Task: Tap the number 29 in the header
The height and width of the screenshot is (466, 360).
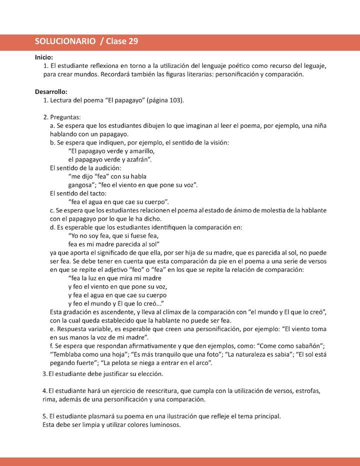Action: click(x=133, y=42)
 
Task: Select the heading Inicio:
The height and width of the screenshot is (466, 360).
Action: click(x=44, y=57)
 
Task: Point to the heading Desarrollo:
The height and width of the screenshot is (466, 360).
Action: click(x=51, y=92)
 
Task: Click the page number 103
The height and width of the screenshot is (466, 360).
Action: click(x=175, y=100)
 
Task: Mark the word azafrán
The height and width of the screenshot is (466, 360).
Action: click(x=135, y=159)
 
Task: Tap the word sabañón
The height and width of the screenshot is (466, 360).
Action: click(x=307, y=346)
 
